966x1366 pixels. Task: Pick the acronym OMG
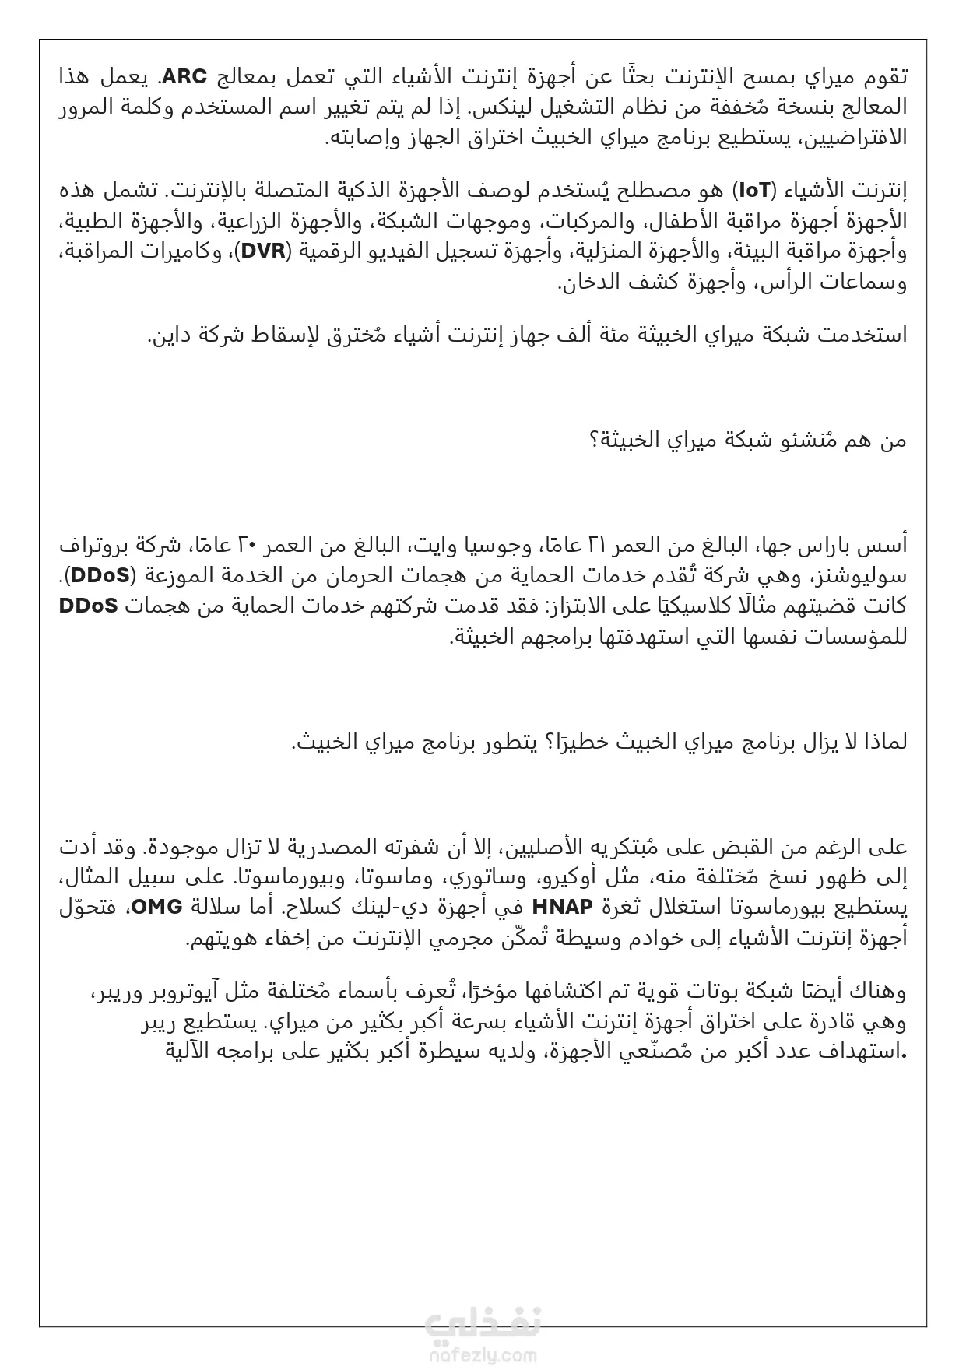click(x=156, y=907)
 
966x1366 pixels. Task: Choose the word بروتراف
click(x=92, y=546)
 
